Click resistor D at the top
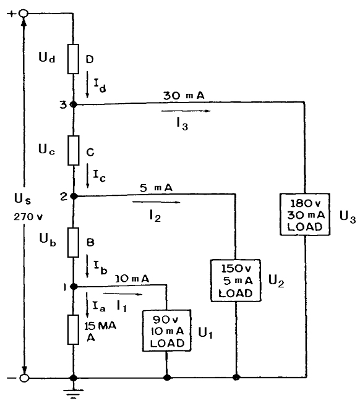(74, 59)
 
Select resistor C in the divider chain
(74, 150)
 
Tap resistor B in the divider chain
(74, 243)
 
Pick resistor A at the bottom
(74, 329)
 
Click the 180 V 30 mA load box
(305, 214)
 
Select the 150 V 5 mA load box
(236, 281)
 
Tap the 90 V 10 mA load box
(167, 331)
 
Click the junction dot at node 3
(74, 104)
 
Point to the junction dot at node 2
(74, 197)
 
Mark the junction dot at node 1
(74, 287)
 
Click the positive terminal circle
(24, 13)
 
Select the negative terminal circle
(24, 378)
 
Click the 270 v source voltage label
(28, 217)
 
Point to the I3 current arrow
(186, 111)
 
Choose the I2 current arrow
(156, 202)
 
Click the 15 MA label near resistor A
(100, 326)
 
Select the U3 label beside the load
(348, 216)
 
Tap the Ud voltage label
(47, 57)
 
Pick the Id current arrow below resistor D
(87, 85)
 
